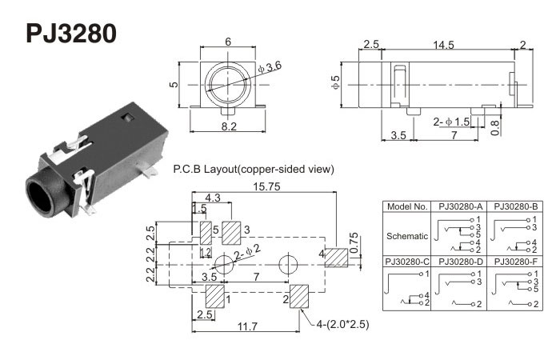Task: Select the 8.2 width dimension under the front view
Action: [x=228, y=127]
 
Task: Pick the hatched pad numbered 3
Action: [x=232, y=233]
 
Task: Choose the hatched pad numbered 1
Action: [x=215, y=295]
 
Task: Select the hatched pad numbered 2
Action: [x=299, y=296]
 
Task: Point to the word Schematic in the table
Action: [x=408, y=235]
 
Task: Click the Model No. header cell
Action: [x=408, y=206]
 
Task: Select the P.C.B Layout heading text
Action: [x=253, y=169]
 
